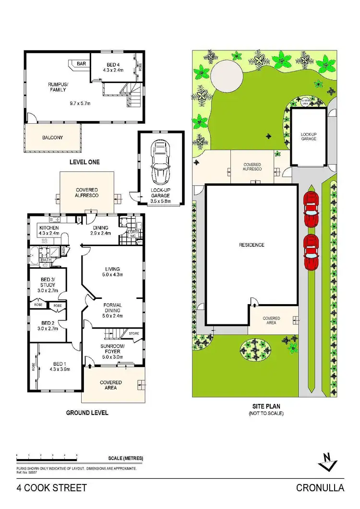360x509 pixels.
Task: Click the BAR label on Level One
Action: pyautogui.click(x=81, y=63)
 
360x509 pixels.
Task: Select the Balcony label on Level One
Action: pyautogui.click(x=52, y=137)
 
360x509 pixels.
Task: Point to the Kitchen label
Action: pyautogui.click(x=49, y=227)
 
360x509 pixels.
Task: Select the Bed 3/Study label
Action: pyautogui.click(x=48, y=282)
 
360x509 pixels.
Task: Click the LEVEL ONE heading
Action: pyautogui.click(x=84, y=162)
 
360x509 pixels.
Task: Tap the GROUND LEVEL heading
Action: pyautogui.click(x=87, y=413)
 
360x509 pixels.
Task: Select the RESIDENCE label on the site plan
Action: pyautogui.click(x=252, y=245)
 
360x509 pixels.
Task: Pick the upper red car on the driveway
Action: pyautogui.click(x=311, y=210)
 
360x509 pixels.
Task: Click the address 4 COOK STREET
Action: pyautogui.click(x=52, y=488)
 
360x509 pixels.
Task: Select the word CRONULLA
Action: pyautogui.click(x=320, y=488)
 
